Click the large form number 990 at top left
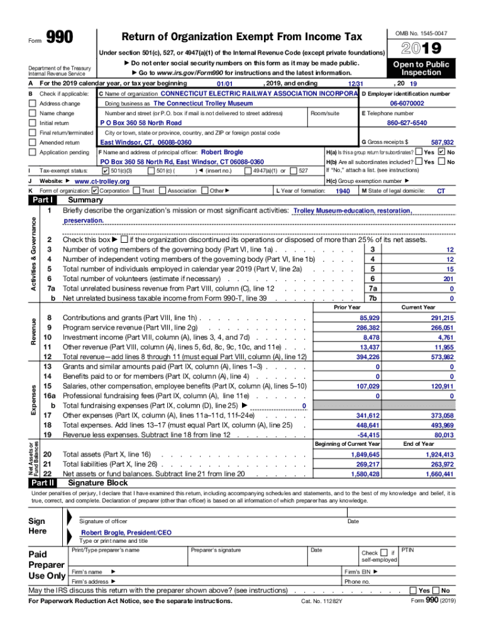tap(60, 39)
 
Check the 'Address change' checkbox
tap(33, 104)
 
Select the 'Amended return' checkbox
tap(33, 143)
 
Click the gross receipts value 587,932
tap(442, 143)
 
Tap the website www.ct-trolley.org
tap(102, 182)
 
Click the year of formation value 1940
tap(343, 191)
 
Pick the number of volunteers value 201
tap(448, 279)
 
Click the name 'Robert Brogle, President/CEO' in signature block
tap(126, 532)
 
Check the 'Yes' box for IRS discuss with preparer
tap(413, 591)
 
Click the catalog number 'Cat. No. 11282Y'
tap(322, 601)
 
